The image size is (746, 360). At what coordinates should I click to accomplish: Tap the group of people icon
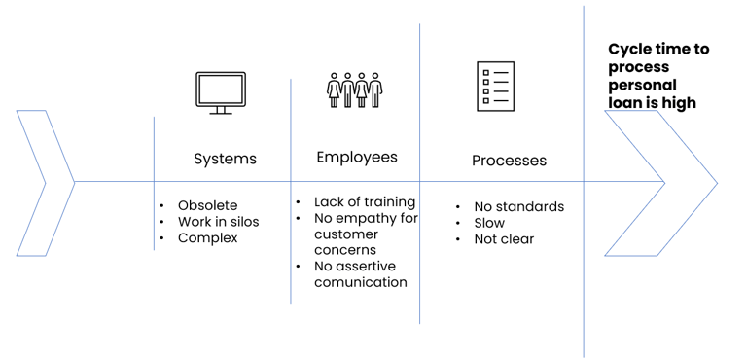[354, 90]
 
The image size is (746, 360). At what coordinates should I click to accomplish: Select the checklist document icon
[496, 87]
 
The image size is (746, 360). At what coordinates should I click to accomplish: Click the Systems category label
[225, 159]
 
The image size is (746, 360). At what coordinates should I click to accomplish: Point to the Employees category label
[357, 158]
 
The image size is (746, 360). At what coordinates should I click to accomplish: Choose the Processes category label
[509, 161]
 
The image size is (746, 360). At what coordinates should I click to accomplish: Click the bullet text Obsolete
[207, 205]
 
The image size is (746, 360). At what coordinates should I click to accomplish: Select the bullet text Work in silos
[219, 222]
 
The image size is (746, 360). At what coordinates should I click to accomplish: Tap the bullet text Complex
[207, 237]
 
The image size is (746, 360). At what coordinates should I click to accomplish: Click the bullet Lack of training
[365, 202]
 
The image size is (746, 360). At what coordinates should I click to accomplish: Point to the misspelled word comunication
[361, 282]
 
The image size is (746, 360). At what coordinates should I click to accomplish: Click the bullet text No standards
[519, 206]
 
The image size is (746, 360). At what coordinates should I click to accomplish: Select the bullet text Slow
[489, 223]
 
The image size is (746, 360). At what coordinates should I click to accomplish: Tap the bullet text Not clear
[504, 239]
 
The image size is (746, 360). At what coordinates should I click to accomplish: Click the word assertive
[366, 266]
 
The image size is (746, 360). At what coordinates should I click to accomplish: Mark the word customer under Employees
[346, 234]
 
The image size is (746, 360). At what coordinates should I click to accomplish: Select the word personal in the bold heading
[642, 86]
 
